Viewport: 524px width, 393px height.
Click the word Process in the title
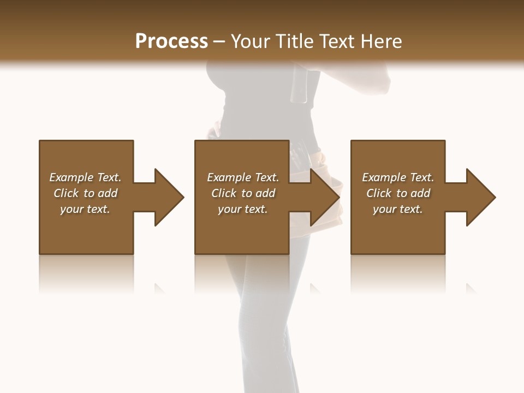171,41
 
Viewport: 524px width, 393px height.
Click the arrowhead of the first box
169,197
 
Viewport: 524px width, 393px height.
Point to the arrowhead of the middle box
325,197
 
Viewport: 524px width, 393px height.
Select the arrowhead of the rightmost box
481,197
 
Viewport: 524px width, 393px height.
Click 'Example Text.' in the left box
85,177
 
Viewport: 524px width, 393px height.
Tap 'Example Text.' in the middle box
243,177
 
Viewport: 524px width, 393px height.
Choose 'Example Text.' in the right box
398,177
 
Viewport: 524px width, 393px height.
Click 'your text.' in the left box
85,209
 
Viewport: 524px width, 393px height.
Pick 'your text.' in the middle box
243,209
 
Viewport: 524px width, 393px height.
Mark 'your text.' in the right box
398,209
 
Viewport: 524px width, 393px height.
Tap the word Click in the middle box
224,193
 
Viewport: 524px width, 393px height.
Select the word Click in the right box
379,193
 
